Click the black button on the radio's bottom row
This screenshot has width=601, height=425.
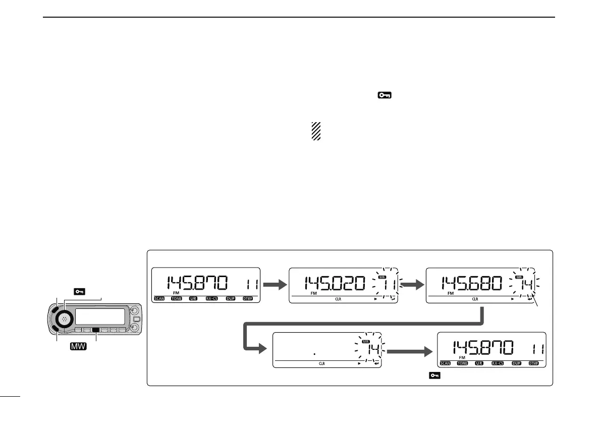click(x=95, y=330)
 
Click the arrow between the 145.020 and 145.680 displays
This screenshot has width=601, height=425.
click(x=412, y=285)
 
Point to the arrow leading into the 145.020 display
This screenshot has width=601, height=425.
click(x=274, y=285)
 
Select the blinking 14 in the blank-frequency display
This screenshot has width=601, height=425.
click(x=372, y=349)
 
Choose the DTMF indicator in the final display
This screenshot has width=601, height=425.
click(x=535, y=363)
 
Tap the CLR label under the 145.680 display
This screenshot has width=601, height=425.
click(x=474, y=299)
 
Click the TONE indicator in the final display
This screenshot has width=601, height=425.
click(x=463, y=363)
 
